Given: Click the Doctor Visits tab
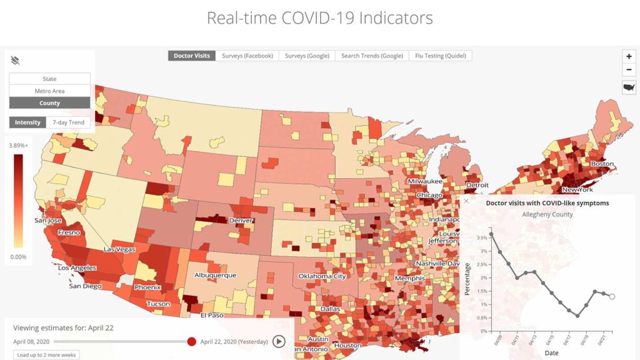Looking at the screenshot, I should [192, 56].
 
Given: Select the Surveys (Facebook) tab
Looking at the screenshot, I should [247, 56].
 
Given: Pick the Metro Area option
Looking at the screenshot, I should [49, 91].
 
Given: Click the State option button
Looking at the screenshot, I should [49, 79].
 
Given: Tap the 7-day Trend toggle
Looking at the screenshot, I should [68, 122].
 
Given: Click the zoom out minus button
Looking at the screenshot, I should [629, 70].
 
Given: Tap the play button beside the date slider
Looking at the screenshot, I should [279, 341].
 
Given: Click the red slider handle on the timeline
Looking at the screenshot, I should [192, 341].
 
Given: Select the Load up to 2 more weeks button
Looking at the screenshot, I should [44, 355].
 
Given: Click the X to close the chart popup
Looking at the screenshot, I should [466, 201].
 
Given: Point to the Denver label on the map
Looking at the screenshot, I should [241, 221].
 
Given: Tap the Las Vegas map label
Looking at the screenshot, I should [119, 249].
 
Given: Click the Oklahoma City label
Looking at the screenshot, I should [322, 276].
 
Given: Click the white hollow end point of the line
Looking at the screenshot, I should [612, 297].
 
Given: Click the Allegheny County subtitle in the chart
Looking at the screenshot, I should [547, 214].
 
